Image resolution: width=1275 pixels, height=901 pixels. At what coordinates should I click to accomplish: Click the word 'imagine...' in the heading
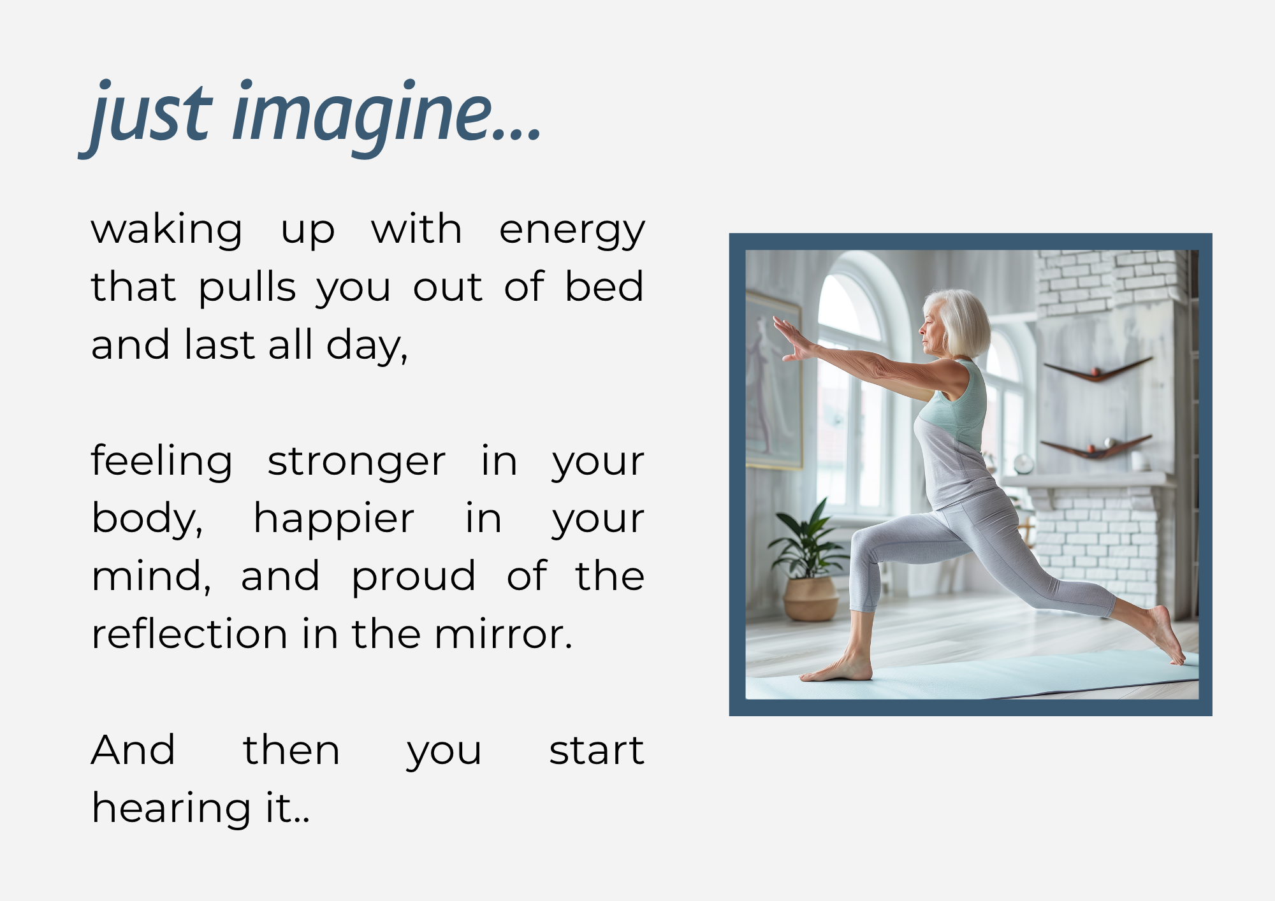(387, 113)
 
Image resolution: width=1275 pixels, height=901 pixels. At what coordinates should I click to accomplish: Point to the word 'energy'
(572, 231)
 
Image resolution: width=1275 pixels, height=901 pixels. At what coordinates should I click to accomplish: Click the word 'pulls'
(247, 287)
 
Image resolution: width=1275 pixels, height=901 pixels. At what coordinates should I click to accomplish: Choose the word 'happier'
(334, 519)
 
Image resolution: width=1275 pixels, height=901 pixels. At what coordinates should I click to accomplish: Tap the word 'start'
(597, 750)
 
